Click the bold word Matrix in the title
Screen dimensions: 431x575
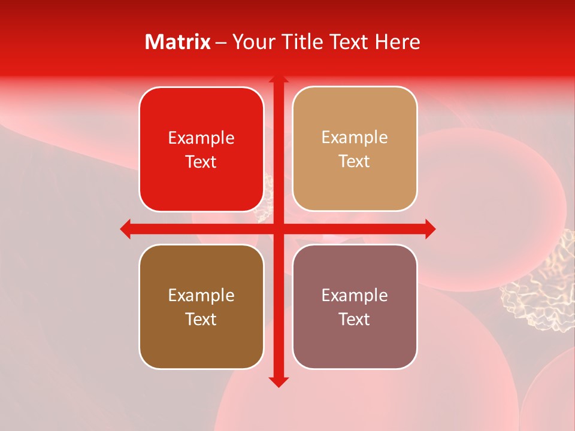click(x=178, y=42)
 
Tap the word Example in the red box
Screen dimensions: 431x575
click(x=201, y=138)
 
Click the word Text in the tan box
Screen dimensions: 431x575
click(x=355, y=162)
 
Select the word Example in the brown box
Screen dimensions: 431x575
click(x=201, y=296)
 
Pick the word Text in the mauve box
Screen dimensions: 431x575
click(x=355, y=319)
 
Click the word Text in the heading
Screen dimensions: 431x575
click(x=349, y=42)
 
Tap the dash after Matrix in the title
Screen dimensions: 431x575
click(x=221, y=43)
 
